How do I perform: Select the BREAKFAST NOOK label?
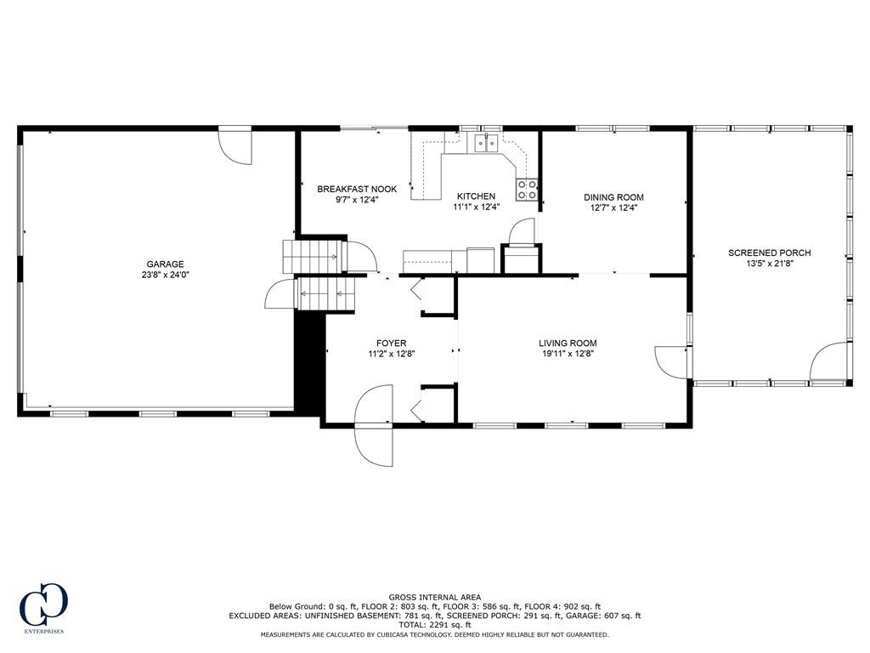(x=357, y=189)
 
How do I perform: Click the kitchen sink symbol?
(x=487, y=143)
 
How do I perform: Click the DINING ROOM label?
(x=613, y=196)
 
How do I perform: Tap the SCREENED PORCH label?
(x=770, y=253)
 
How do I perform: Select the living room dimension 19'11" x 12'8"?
(x=568, y=354)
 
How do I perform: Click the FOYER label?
(x=392, y=343)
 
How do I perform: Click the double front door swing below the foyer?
(x=375, y=425)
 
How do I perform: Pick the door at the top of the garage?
(x=234, y=145)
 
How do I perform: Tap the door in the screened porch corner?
(x=830, y=362)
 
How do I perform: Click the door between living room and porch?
(x=672, y=361)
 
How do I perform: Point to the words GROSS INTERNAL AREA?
(x=434, y=597)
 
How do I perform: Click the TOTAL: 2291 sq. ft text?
(x=434, y=625)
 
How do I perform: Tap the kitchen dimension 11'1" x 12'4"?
(x=476, y=207)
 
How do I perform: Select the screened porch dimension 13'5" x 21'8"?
(x=770, y=264)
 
